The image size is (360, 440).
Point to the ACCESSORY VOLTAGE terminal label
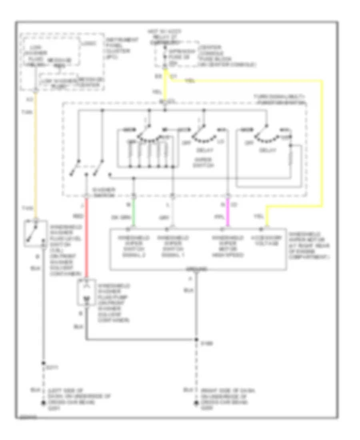click(262, 241)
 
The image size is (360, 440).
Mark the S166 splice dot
click(197, 340)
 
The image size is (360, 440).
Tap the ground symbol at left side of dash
click(43, 403)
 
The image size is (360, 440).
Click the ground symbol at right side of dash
click(197, 403)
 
